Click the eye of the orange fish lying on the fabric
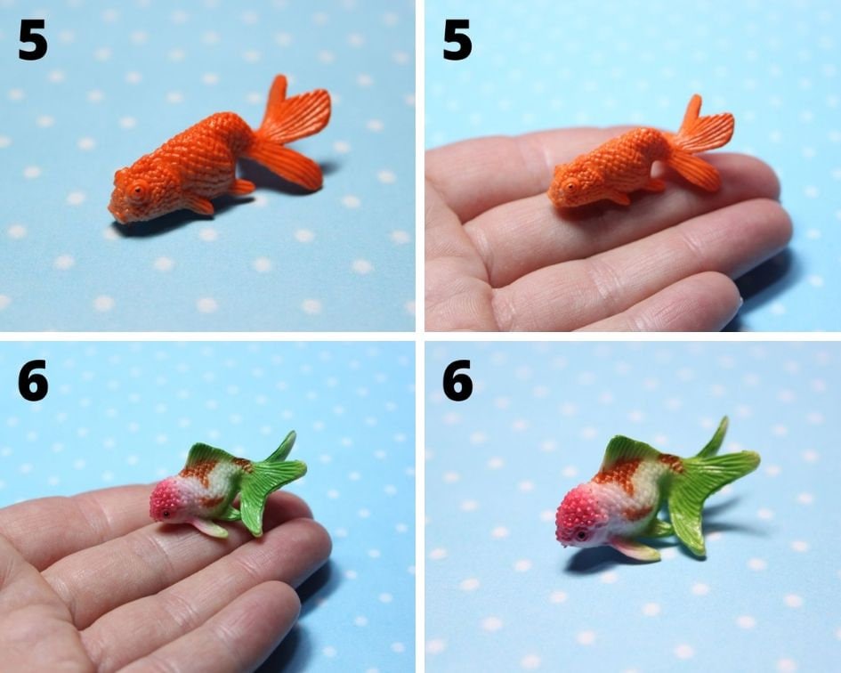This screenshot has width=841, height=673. point(138,189)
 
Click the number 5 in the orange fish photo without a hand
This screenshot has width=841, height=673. point(32,40)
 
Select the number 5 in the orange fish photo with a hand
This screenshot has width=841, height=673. point(457,40)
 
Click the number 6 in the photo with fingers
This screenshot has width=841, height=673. point(32,380)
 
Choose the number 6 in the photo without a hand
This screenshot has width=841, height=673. point(457,380)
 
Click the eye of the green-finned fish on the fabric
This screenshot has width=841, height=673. point(581,533)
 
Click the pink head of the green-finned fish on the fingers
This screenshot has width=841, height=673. point(167,499)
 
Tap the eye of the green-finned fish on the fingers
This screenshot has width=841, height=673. point(166,514)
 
